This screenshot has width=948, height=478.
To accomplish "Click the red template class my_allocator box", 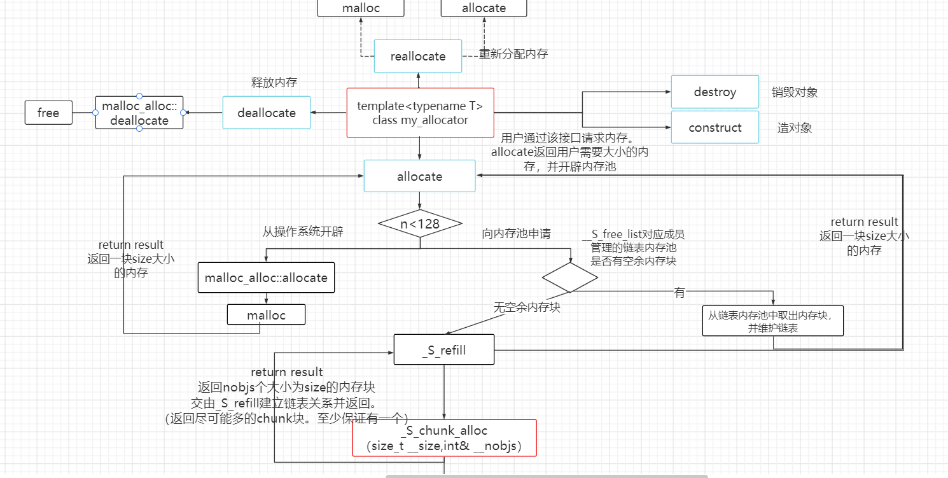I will click(420, 113).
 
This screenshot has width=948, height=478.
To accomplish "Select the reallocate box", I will click(418, 56).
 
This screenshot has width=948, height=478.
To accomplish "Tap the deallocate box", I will click(267, 113).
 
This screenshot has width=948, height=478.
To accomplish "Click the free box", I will click(48, 113).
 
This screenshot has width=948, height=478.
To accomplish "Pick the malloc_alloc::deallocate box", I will click(139, 113).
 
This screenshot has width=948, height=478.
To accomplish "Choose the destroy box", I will click(714, 92).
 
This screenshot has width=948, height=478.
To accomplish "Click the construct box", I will click(714, 127).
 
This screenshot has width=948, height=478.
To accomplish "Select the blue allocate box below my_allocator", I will click(419, 176).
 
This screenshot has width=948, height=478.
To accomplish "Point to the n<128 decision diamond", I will click(419, 223).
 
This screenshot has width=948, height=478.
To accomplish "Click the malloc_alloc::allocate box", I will click(266, 278).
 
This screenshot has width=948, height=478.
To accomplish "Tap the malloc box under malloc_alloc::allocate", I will click(266, 315).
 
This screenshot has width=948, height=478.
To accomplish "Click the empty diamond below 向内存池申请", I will click(569, 278).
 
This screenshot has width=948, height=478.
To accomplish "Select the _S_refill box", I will click(443, 349).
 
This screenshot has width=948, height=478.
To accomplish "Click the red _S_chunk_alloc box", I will click(444, 438).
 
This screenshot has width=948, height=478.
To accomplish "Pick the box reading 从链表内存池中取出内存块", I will click(772, 321).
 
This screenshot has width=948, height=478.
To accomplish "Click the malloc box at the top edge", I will click(361, 8).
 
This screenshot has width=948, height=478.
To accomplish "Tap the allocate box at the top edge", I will click(484, 8).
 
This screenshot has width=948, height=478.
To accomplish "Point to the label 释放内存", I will click(274, 82).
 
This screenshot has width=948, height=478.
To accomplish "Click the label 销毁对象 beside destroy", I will click(795, 92).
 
